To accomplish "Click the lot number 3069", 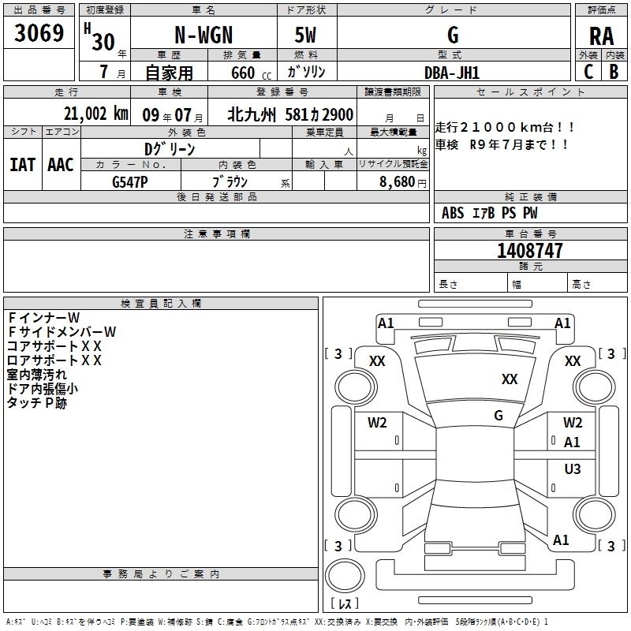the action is (x=39, y=35).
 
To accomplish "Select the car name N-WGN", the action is (x=203, y=35).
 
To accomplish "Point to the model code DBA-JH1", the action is (x=452, y=72).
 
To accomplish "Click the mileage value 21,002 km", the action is (x=95, y=114).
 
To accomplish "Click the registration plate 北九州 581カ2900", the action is (x=290, y=114).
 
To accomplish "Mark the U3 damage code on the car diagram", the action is (x=573, y=469).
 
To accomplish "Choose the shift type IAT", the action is (x=22, y=165).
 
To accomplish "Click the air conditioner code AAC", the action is (x=61, y=165).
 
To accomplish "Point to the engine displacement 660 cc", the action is (x=241, y=73).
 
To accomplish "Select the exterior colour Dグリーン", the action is (x=170, y=149).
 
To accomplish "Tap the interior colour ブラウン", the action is (x=230, y=181).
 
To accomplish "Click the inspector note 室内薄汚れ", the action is (x=36, y=375).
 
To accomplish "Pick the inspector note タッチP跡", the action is (x=36, y=403).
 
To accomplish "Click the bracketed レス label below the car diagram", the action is (x=344, y=604).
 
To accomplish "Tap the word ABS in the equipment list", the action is (x=453, y=213).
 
